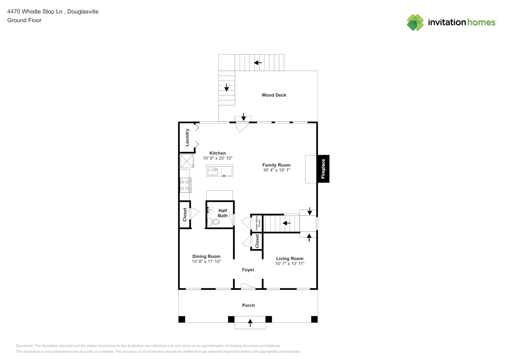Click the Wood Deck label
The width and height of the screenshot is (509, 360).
coord(274,95)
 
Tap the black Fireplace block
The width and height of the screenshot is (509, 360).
coord(323,168)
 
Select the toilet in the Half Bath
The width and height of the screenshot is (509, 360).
coord(213,221)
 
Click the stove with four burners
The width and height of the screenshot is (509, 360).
coord(185,185)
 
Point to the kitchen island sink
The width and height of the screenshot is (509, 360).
coord(213,172)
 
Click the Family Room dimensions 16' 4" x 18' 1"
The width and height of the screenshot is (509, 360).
coord(276,170)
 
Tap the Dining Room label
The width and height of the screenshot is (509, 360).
coord(206,256)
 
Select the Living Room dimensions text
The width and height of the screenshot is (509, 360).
coord(290,264)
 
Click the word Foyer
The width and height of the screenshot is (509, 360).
coord(248,270)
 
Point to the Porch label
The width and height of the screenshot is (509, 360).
coord(248,305)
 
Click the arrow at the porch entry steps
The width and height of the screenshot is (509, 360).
coord(250,323)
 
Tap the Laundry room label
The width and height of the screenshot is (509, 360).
coord(187,138)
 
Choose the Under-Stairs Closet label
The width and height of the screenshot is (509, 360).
coord(258,223)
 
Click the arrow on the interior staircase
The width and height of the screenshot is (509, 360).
coord(287,223)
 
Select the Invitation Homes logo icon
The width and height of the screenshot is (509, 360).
coord(415,22)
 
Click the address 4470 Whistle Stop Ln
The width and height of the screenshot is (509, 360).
coord(35,12)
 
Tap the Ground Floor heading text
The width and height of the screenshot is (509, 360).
coord(24,20)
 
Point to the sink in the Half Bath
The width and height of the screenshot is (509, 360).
coord(210,210)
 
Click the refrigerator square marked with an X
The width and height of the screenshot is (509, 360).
coord(187,161)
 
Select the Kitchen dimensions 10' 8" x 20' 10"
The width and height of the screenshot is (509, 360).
coord(218,158)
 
